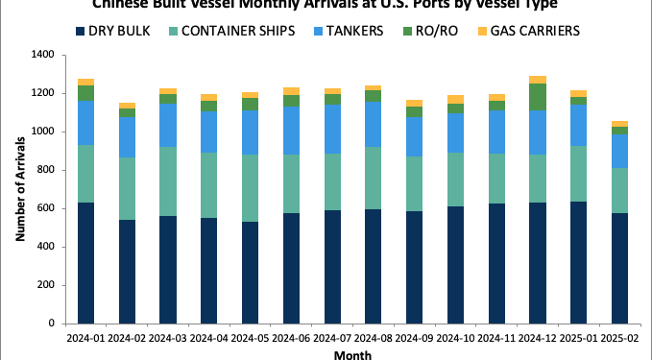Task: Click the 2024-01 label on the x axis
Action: click(86, 338)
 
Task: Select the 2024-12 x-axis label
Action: click(538, 338)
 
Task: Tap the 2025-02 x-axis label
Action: click(620, 338)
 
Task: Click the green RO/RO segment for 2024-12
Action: click(538, 97)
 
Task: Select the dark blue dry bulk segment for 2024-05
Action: click(251, 273)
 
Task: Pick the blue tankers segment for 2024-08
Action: click(374, 124)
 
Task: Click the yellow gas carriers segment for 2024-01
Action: click(86, 82)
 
